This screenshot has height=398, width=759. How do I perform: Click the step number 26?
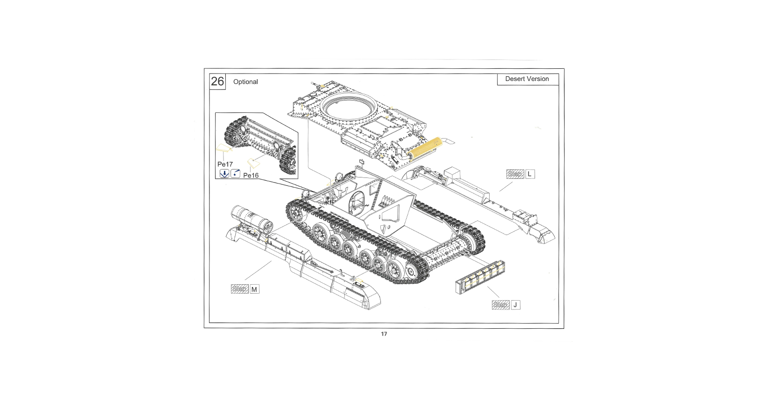217,81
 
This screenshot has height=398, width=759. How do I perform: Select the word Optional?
246,81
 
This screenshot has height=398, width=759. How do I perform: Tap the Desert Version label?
527,79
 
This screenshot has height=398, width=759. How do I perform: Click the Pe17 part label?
225,164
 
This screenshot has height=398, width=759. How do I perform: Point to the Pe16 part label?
251,176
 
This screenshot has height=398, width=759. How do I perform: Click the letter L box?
529,174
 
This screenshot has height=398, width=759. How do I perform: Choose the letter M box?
254,289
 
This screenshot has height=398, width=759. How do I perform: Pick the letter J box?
515,305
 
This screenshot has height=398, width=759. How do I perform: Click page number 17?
384,334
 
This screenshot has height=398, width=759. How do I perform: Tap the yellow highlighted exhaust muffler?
425,147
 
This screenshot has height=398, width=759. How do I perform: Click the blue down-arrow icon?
224,174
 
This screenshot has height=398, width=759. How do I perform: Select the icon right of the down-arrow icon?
236,174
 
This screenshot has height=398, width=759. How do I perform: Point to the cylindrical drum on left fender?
251,219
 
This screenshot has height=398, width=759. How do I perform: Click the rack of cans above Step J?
480,277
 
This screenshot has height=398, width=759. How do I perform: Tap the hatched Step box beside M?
239,289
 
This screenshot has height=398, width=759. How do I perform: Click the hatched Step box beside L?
515,174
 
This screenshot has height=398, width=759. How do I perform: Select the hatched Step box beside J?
500,305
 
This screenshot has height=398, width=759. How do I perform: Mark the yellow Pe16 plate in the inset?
253,163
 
